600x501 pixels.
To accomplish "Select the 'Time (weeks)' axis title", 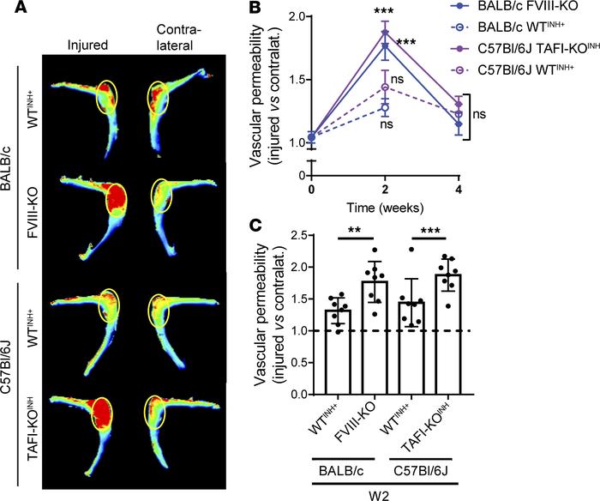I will (x=386, y=207).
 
